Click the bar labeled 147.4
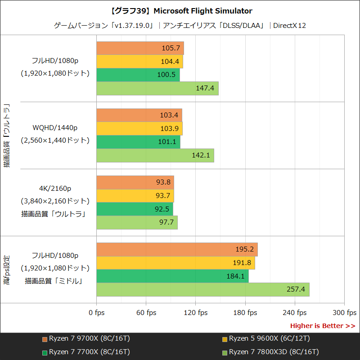(x=157, y=88)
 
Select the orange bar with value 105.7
(x=140, y=48)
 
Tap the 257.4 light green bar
(x=203, y=289)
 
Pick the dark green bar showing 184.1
(x=172, y=276)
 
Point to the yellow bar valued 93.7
(x=135, y=196)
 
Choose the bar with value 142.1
(x=155, y=155)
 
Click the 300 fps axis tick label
(x=345, y=313)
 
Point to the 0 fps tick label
(x=96, y=313)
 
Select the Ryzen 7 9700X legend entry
(x=85, y=338)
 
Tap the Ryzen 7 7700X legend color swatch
(x=45, y=352)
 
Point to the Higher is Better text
(x=322, y=326)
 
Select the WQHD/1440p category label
(x=55, y=127)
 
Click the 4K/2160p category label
(x=55, y=188)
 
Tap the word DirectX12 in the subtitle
(x=289, y=25)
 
